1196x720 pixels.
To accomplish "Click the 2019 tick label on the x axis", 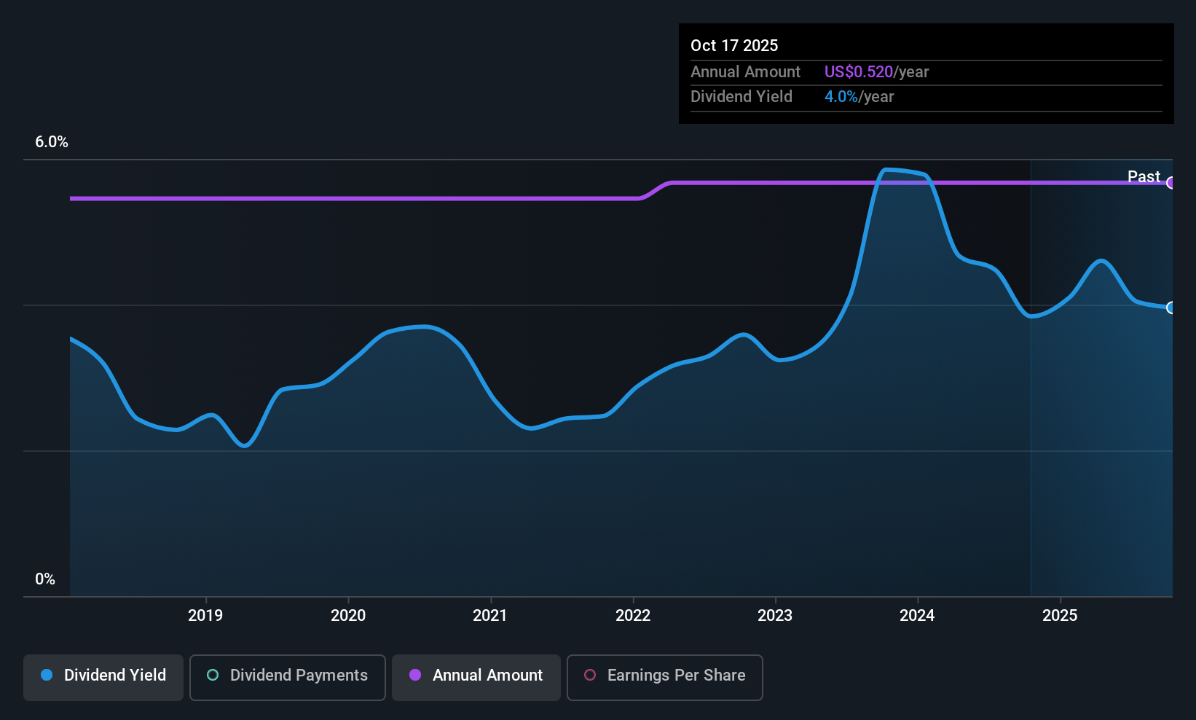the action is (x=205, y=615).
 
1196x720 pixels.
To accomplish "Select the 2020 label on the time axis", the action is (x=348, y=615).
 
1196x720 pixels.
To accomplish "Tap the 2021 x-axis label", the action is (x=490, y=615).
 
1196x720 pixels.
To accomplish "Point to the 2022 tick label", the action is (x=633, y=615).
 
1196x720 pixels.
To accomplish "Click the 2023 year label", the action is (x=775, y=615).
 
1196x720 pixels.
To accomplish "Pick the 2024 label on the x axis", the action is (x=917, y=615).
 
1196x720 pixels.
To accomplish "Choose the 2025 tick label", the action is (x=1061, y=615).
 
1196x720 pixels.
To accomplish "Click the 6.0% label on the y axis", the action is (x=52, y=142).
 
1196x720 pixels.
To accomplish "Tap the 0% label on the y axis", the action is (x=45, y=579).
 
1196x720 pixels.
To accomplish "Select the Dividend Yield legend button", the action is (x=103, y=677).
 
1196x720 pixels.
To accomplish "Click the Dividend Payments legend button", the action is (x=287, y=677).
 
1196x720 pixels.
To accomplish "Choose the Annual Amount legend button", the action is (x=476, y=677).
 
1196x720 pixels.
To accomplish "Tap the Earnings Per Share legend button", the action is (x=665, y=677).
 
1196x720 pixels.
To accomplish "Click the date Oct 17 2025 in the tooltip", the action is (x=734, y=45).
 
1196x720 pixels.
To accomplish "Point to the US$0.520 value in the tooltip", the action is (x=859, y=71).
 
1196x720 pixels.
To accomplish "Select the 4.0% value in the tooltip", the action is (x=841, y=97).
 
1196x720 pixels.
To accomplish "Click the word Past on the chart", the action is (x=1144, y=176).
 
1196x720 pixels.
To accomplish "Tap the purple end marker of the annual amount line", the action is (x=1171, y=183).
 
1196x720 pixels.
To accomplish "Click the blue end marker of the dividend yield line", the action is (x=1171, y=308).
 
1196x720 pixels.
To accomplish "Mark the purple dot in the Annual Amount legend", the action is (x=415, y=675).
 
